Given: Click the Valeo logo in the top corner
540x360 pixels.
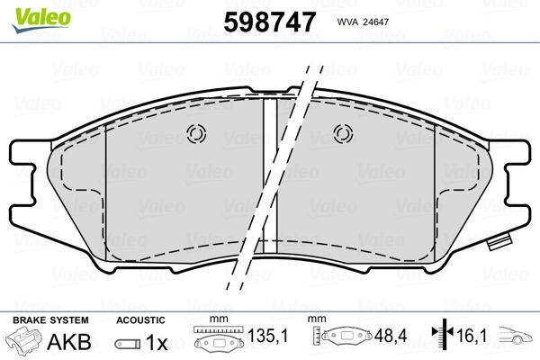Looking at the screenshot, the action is click(x=41, y=20).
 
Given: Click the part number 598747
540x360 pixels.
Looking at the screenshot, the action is click(x=270, y=22).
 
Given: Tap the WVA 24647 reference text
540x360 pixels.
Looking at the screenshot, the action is click(x=363, y=22).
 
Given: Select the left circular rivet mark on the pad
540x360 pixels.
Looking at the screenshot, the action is click(x=196, y=134).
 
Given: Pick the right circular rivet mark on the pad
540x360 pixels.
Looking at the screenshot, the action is click(x=343, y=134).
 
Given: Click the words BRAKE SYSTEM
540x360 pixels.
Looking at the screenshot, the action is click(x=50, y=320).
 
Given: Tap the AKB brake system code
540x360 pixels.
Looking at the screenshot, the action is click(x=69, y=342).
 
